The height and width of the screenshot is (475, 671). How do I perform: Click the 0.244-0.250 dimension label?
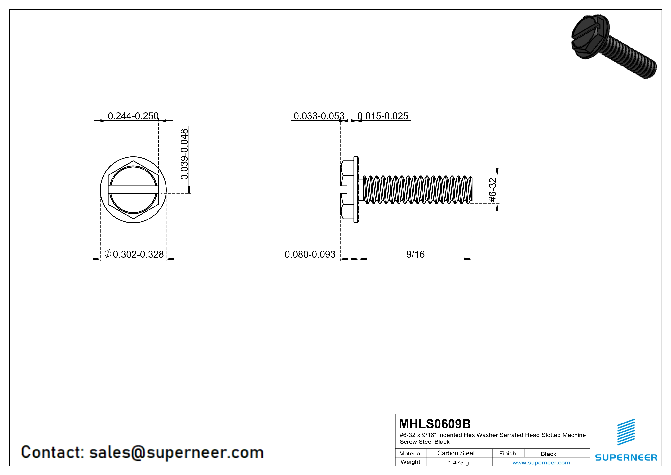133,116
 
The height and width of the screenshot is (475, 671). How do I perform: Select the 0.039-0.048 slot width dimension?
184,154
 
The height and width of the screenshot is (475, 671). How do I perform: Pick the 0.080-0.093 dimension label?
310,254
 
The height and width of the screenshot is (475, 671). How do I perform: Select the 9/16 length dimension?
415,254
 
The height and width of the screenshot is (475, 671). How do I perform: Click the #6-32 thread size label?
493,190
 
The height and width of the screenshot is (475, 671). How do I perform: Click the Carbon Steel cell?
456,453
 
